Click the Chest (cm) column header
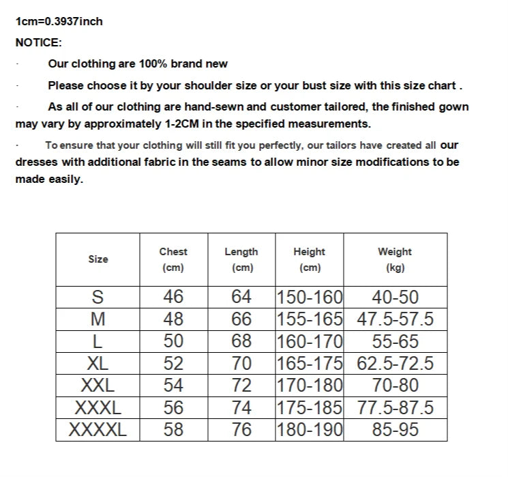click(x=173, y=259)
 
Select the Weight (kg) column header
click(x=395, y=259)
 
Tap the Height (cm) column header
click(x=309, y=259)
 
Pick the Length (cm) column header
click(x=241, y=259)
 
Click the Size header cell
click(x=98, y=259)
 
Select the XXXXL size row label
click(x=98, y=430)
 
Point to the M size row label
click(x=98, y=319)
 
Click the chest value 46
click(x=173, y=298)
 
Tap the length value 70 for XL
click(x=241, y=364)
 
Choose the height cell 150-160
click(x=310, y=298)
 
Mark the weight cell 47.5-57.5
click(x=395, y=319)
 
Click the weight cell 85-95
click(x=395, y=430)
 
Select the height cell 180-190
click(x=310, y=430)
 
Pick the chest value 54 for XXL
click(x=173, y=386)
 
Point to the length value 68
click(x=241, y=341)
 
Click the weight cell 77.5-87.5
click(x=395, y=408)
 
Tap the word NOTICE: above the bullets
click(x=38, y=42)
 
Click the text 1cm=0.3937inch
click(x=59, y=21)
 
